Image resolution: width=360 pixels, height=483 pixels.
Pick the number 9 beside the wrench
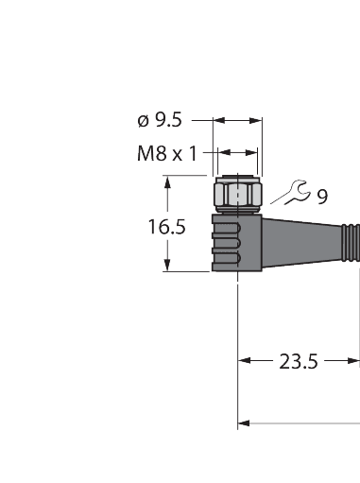tap(322, 197)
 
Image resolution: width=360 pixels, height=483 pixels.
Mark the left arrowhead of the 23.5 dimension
tap(243, 359)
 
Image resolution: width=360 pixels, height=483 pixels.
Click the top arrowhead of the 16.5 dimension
tap(169, 180)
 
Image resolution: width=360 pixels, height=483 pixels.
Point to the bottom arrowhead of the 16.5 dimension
tap(169, 267)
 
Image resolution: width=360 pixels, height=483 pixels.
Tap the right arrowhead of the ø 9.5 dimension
tap(258, 120)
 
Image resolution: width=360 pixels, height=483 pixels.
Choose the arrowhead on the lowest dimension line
tap(243, 422)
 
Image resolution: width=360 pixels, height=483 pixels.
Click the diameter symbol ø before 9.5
tap(143, 120)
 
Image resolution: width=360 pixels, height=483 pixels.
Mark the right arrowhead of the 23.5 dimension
tap(355, 359)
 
